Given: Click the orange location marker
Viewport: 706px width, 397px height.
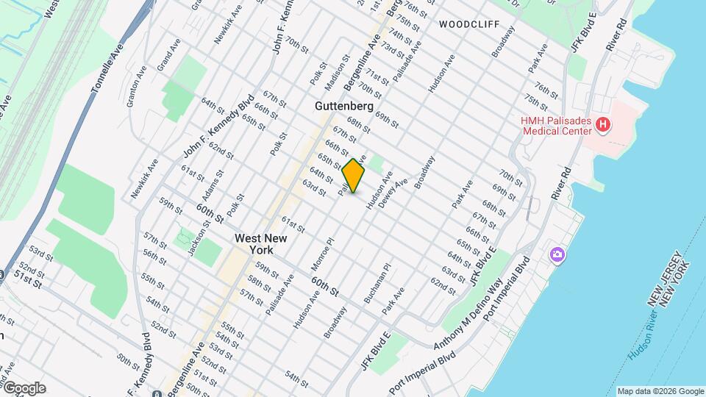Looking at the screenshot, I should (x=354, y=176).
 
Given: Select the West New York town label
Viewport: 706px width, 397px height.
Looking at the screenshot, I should (x=261, y=244).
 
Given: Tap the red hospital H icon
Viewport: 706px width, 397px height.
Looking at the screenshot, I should (x=602, y=125).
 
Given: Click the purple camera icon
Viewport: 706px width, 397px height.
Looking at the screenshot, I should (x=557, y=254).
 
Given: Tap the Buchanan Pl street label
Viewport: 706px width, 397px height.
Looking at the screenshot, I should (x=376, y=283).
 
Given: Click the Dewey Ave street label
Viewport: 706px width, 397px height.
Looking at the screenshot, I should (x=392, y=193).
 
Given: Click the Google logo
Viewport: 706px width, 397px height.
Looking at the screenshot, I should (x=24, y=388).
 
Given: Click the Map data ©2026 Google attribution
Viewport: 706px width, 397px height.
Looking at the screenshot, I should (x=660, y=391).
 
